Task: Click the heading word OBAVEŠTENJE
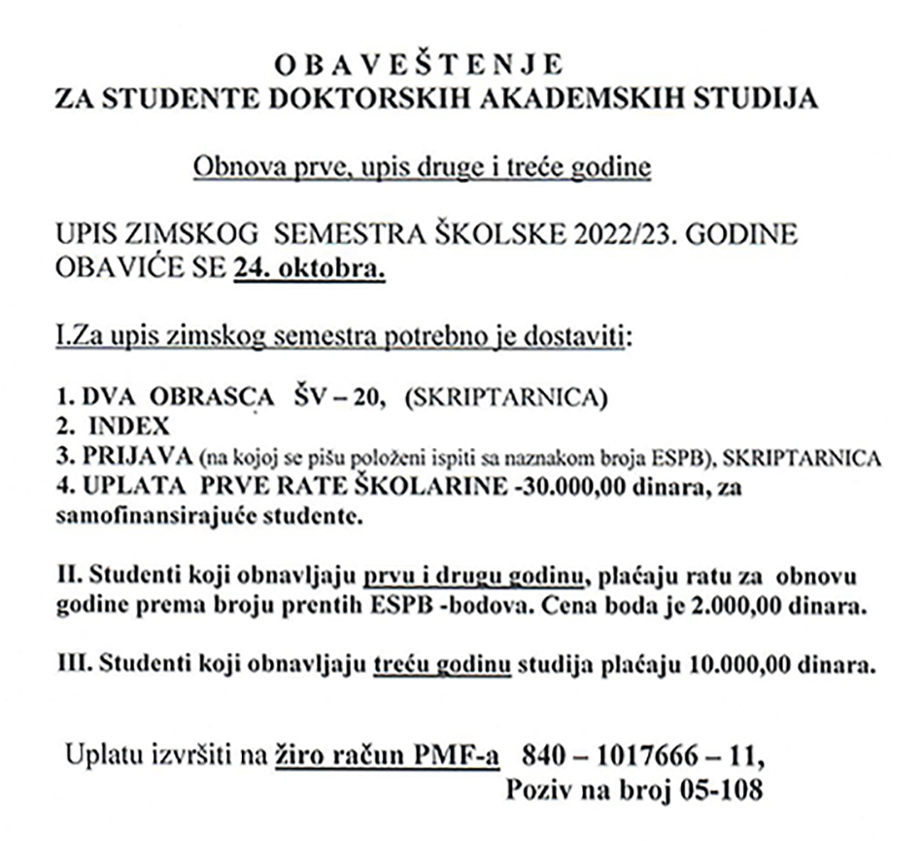click(x=418, y=65)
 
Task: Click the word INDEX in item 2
click(x=129, y=425)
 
